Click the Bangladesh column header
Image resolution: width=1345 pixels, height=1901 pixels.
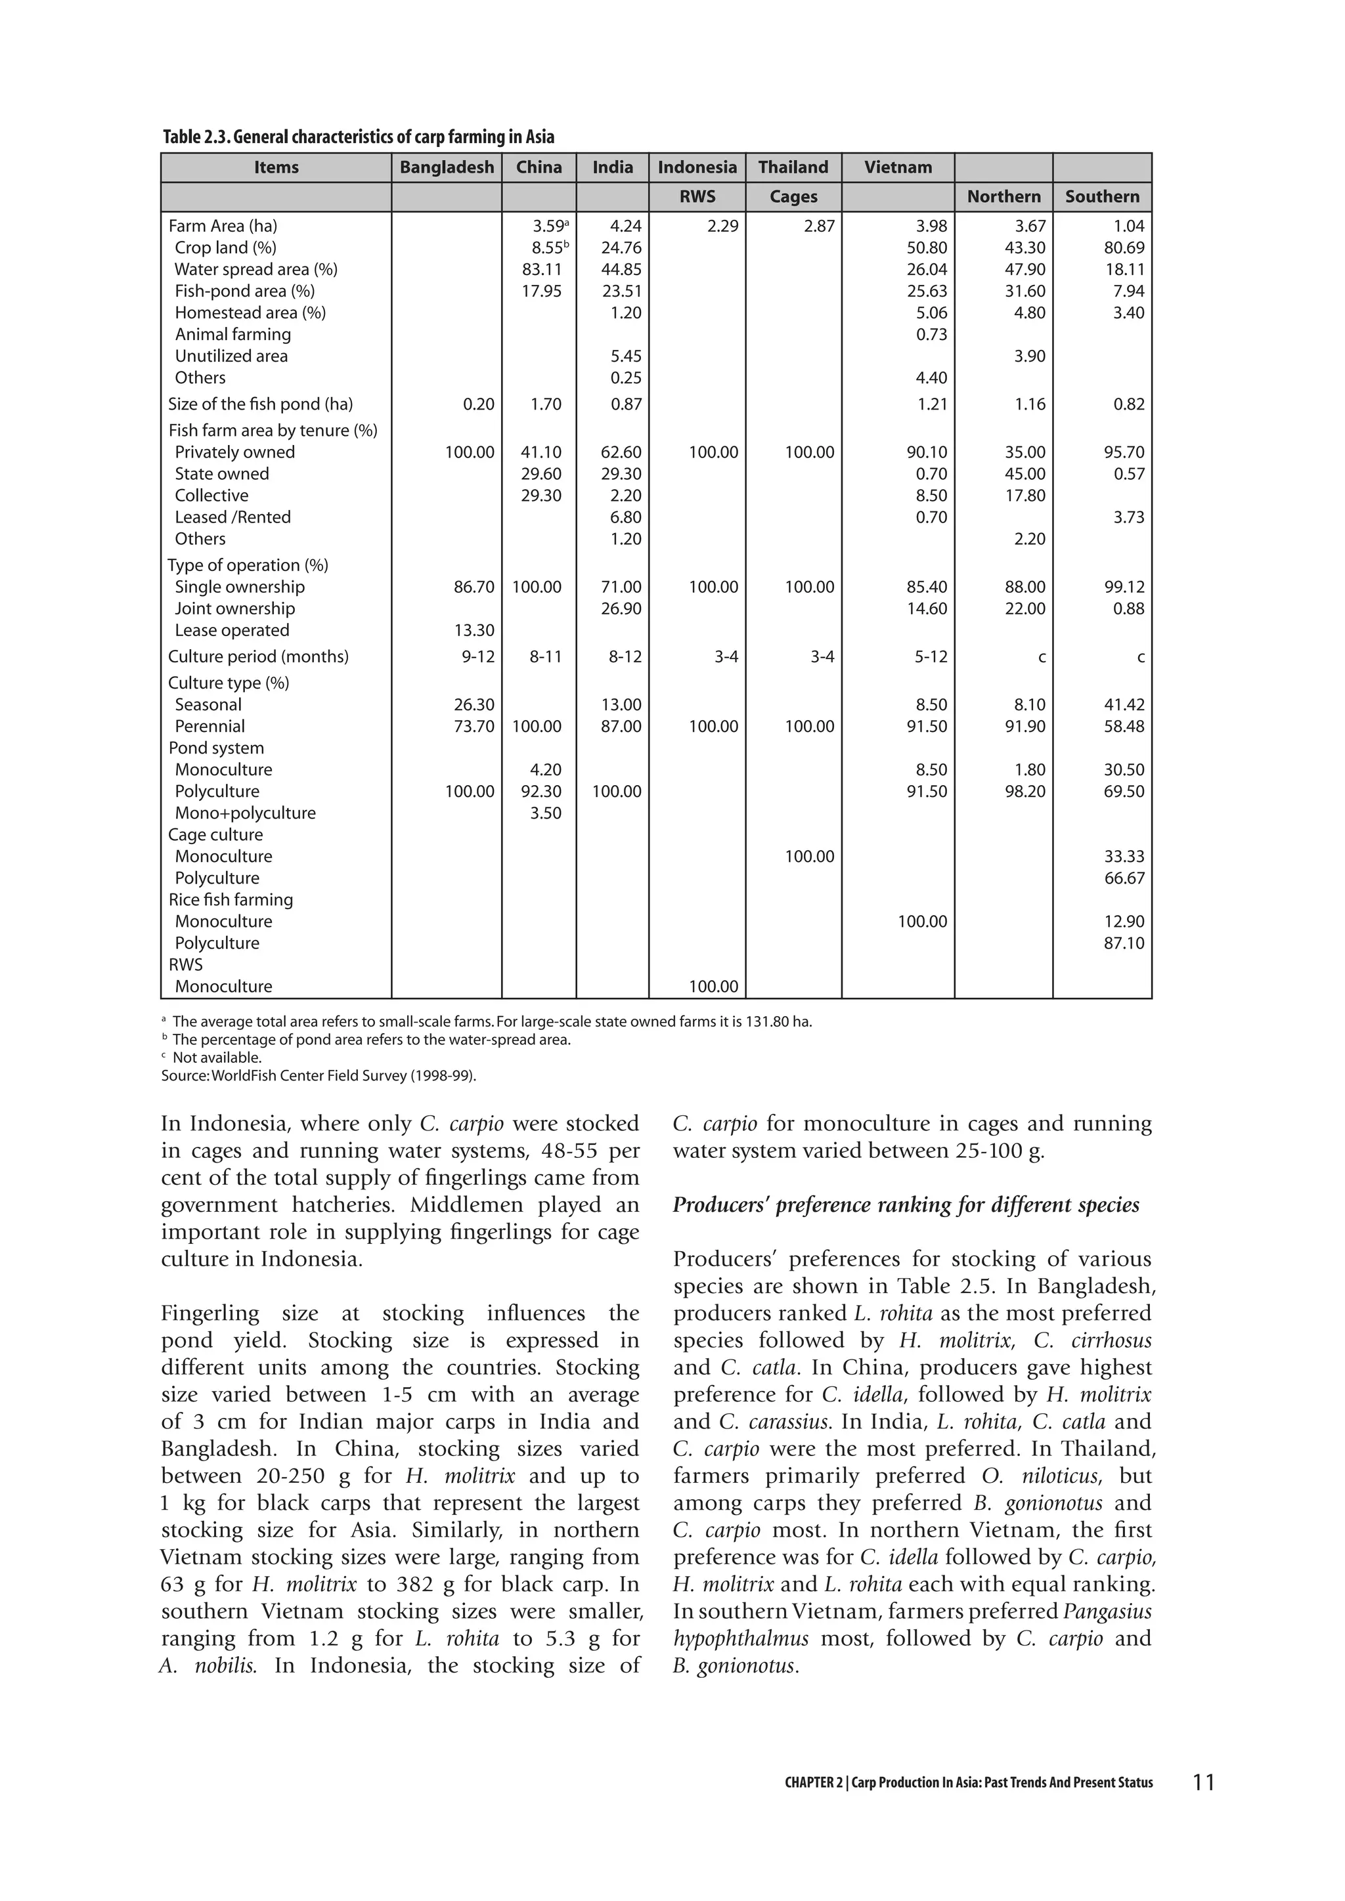pyautogui.click(x=447, y=167)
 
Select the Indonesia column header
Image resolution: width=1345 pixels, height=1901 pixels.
pyautogui.click(x=697, y=167)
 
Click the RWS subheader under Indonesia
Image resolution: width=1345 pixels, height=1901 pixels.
pyautogui.click(x=697, y=196)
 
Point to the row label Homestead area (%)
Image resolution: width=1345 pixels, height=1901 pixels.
pyautogui.click(x=250, y=313)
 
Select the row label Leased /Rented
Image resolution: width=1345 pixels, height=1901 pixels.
pyautogui.click(x=232, y=517)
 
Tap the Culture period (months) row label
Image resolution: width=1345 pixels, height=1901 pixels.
pyautogui.click(x=258, y=656)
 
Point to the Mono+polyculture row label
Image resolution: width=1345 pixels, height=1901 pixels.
pyautogui.click(x=245, y=813)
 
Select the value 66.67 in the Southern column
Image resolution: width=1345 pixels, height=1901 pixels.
pyautogui.click(x=1124, y=878)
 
